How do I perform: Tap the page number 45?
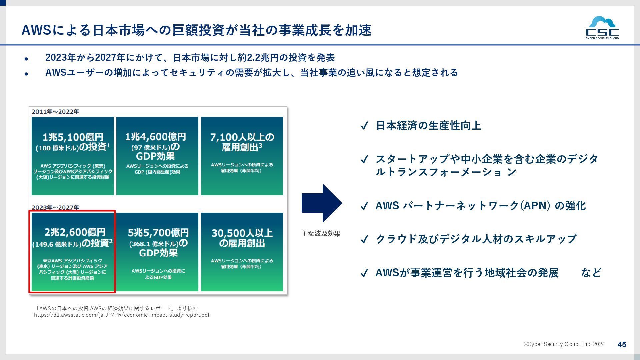tap(622, 345)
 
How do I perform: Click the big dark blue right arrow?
tap(321, 203)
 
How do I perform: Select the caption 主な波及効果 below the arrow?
tap(321, 234)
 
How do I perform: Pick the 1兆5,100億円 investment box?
tap(73, 156)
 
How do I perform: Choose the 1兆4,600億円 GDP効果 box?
tap(157, 156)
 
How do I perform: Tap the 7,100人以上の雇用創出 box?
tap(242, 156)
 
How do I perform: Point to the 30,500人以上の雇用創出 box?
tap(242, 252)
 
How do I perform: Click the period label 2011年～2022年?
tap(55, 112)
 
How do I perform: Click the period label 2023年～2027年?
tap(55, 207)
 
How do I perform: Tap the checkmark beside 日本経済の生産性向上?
tap(364, 126)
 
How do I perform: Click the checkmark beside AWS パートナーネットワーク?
tap(364, 206)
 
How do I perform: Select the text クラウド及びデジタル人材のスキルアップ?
tap(476, 239)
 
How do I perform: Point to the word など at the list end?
tap(591, 273)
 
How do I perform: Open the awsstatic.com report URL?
tap(122, 315)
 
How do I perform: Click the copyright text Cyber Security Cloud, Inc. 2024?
tap(564, 344)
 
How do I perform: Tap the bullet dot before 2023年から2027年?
tap(26, 59)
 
